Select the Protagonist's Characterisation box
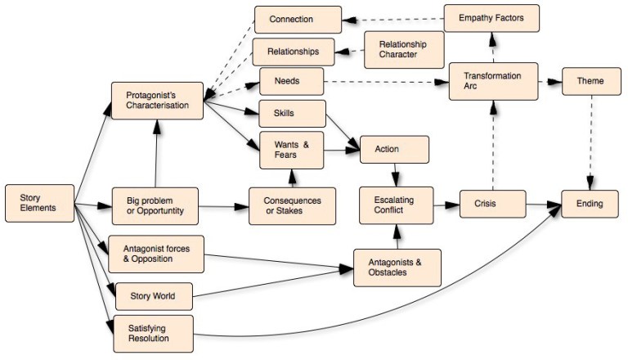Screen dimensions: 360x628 pos(157,101)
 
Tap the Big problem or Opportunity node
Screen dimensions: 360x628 pos(155,207)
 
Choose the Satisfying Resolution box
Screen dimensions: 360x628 pos(154,333)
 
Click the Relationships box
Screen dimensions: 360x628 pos(293,52)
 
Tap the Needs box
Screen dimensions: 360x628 pos(291,81)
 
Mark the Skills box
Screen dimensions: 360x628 pos(292,114)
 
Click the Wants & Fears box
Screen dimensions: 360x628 pos(292,150)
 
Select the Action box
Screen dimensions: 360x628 pos(395,150)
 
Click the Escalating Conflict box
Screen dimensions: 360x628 pos(396,205)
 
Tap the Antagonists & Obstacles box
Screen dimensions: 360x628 pos(397,268)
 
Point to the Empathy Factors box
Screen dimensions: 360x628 pos(491,17)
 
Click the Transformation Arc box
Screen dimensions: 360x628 pos(494,82)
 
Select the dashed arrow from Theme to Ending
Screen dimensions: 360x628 pos(590,139)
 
